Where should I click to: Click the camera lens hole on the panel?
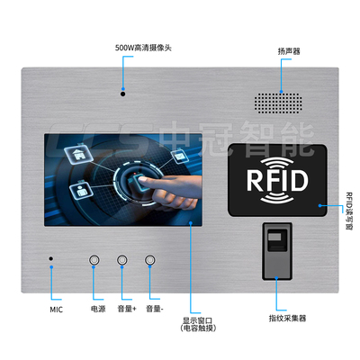[122, 94]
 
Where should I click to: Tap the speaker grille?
[278, 103]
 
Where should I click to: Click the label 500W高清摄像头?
[143, 48]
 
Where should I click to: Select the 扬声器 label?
[289, 51]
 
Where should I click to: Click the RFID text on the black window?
[277, 181]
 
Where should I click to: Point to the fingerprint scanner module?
[277, 251]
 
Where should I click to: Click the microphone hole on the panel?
[51, 258]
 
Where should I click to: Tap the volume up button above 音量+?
[121, 260]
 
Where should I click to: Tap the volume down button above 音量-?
[149, 260]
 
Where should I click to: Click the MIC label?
[56, 310]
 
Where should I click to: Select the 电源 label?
[98, 309]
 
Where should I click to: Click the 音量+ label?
[127, 309]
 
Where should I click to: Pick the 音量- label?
[155, 309]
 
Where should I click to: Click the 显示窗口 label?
[198, 320]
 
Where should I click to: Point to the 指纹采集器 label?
[287, 319]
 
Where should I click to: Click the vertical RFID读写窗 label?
[349, 211]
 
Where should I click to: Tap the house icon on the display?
[77, 154]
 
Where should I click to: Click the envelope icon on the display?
[180, 156]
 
